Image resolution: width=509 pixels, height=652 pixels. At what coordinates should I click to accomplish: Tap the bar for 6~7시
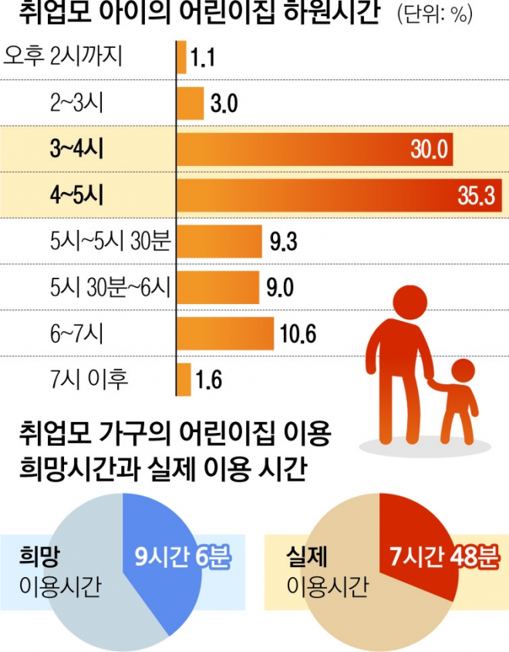pos(225,334)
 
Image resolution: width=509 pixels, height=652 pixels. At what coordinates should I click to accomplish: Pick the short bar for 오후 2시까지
pos(181,58)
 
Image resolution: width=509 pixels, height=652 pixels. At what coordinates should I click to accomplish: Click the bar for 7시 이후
pos(184,380)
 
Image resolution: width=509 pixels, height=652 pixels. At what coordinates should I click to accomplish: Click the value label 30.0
pos(429,149)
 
